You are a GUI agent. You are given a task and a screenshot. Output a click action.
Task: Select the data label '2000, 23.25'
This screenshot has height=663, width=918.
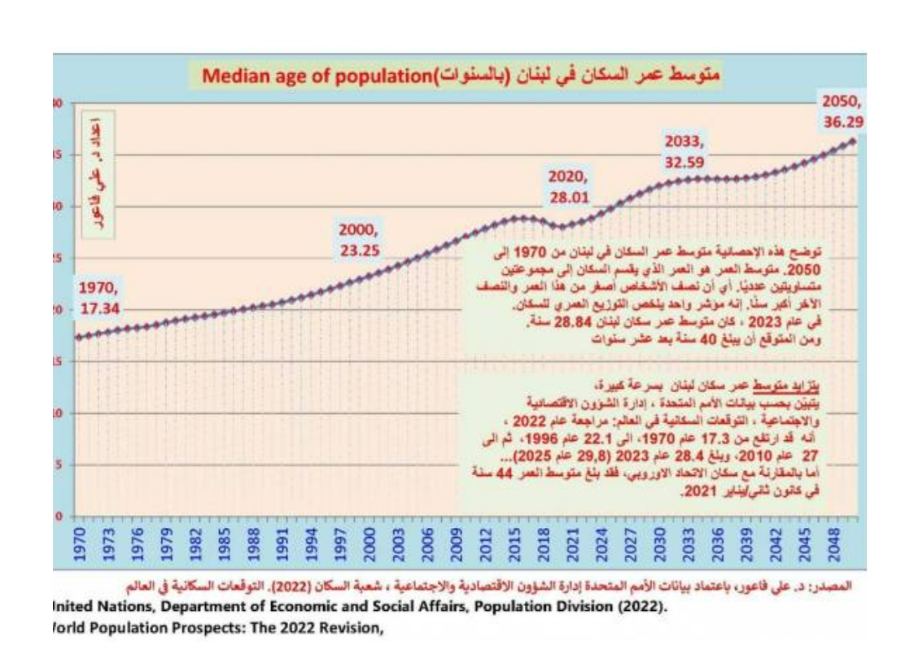[x=361, y=242]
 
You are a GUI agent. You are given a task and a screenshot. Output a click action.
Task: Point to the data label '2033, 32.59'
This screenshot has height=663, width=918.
[x=682, y=150]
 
